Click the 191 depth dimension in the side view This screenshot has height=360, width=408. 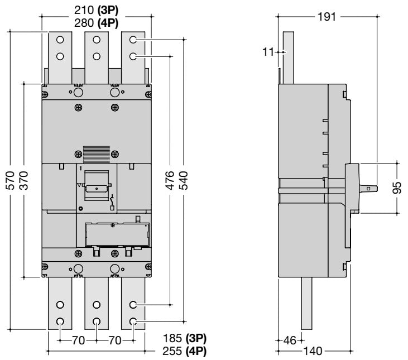[x=327, y=16]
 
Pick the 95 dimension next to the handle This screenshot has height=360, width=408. [x=397, y=188]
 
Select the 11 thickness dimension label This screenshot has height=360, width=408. [x=269, y=52]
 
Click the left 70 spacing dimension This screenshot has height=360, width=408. [x=78, y=339]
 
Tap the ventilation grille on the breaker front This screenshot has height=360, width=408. [x=94, y=153]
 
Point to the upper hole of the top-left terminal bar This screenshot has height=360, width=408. [x=60, y=40]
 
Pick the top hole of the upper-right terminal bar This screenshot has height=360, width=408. [x=133, y=40]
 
